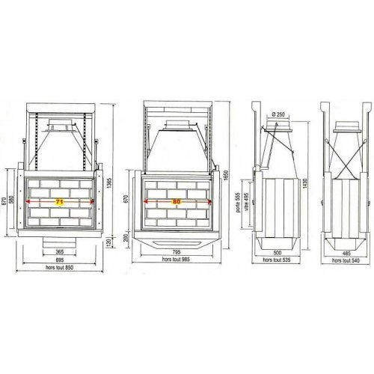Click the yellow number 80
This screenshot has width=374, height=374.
click(x=177, y=201)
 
